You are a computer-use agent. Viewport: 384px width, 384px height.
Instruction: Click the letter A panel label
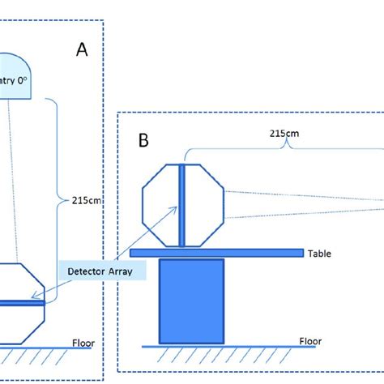(x=82, y=50)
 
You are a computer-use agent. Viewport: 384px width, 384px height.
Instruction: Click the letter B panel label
(x=143, y=140)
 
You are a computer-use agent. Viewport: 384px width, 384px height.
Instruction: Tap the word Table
(x=320, y=253)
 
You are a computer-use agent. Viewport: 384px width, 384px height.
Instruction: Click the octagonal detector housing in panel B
(x=161, y=204)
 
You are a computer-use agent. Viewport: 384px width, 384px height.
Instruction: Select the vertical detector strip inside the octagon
(x=182, y=205)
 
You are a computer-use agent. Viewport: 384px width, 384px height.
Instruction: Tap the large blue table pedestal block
(x=191, y=301)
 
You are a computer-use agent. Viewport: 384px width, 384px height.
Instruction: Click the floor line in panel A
(x=49, y=349)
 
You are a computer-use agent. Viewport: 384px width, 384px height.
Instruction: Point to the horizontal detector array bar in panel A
(x=20, y=304)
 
